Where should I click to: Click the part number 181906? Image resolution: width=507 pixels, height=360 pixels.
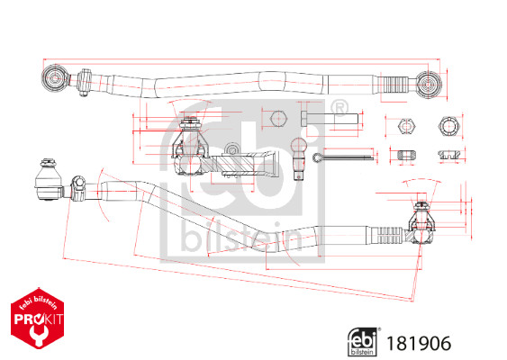[419, 343]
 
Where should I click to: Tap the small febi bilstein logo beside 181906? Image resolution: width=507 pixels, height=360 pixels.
[362, 342]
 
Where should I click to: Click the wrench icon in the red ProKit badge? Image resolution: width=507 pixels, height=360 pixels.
[38, 335]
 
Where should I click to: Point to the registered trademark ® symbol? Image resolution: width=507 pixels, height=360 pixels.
[340, 108]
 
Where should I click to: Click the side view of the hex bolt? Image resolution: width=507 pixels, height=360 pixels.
[330, 119]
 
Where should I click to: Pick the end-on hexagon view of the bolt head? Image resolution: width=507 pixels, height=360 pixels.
[278, 119]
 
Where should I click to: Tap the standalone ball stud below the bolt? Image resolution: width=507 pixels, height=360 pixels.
[299, 158]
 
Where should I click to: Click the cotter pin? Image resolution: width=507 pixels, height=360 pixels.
[343, 157]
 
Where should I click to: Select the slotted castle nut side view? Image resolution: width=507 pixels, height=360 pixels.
[449, 154]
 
